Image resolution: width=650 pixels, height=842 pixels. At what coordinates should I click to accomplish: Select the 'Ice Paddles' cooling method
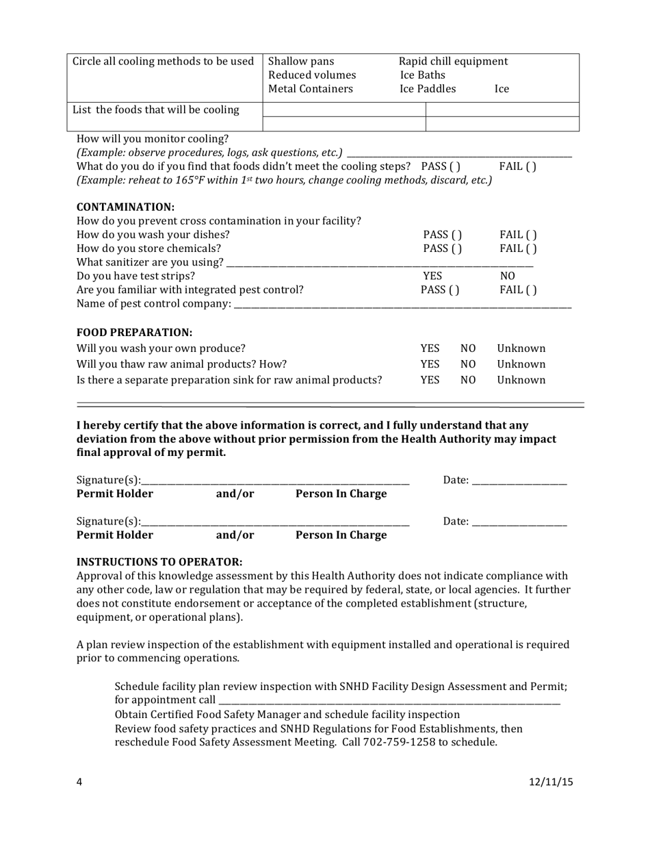[x=428, y=89]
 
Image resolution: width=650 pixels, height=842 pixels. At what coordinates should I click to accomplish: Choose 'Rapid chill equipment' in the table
[x=453, y=61]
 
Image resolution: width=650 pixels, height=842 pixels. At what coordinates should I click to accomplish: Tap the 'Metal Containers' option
[x=311, y=89]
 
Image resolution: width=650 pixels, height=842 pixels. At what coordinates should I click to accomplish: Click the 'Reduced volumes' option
[x=312, y=75]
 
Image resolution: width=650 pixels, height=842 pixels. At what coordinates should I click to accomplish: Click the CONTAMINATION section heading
[x=125, y=207]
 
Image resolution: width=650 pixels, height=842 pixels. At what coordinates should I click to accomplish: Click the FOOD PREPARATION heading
[x=134, y=333]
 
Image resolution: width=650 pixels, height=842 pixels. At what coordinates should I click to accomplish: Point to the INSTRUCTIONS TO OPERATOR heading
[x=159, y=561]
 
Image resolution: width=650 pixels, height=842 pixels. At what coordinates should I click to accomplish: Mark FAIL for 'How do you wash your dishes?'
[x=518, y=234]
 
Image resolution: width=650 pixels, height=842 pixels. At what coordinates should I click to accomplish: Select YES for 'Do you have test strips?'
[x=432, y=275]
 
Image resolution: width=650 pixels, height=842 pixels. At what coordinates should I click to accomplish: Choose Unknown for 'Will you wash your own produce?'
[x=521, y=348]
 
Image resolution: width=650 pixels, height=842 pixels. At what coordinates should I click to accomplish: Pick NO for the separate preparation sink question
[x=468, y=380]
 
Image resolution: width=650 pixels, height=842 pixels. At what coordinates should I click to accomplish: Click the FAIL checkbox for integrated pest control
[x=518, y=289]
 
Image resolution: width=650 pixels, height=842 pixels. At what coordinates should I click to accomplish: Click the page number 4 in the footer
[x=79, y=784]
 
